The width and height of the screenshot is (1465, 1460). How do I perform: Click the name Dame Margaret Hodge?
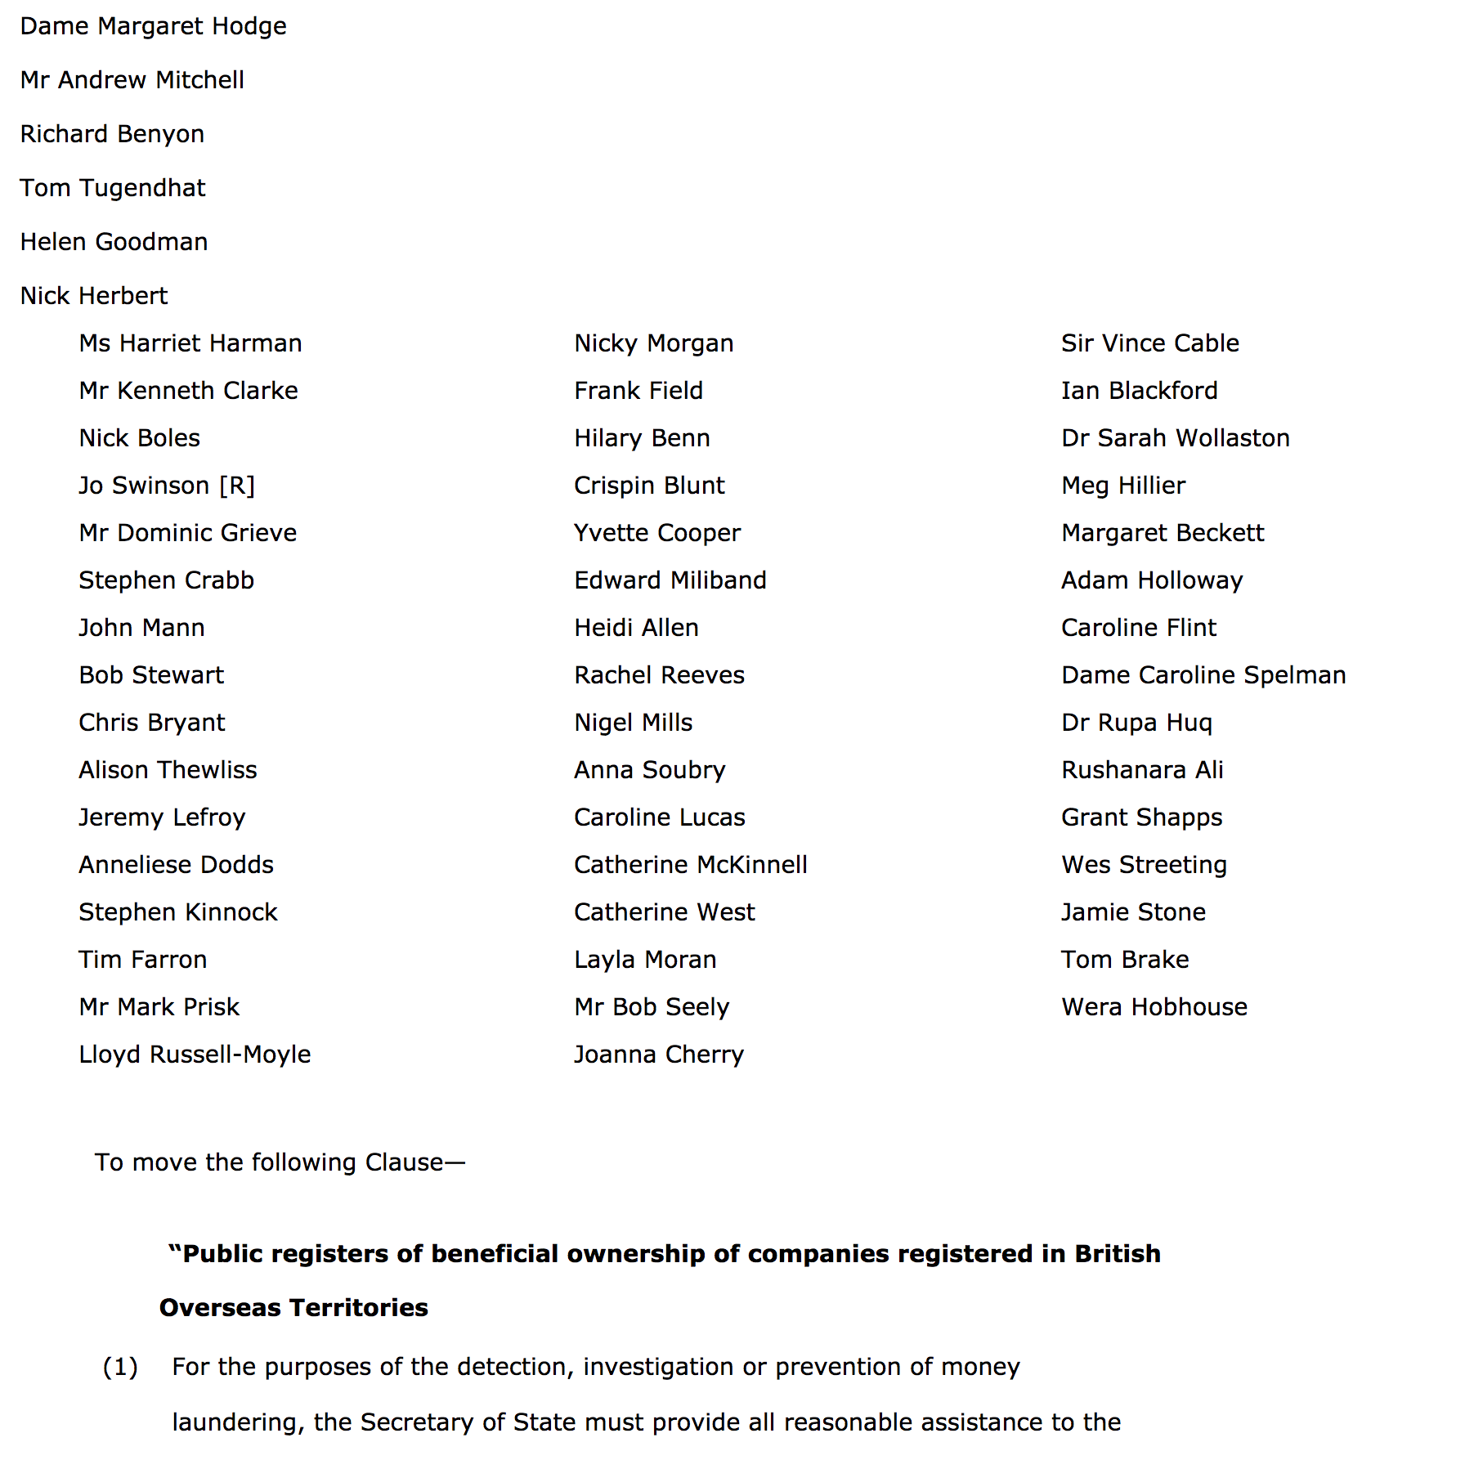coord(153,26)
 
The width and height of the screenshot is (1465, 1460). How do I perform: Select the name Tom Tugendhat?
coord(113,188)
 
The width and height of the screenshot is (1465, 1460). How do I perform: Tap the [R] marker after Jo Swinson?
coord(237,486)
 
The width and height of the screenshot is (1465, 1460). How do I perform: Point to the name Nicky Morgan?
coord(653,343)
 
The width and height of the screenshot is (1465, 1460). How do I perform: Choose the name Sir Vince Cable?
coord(1149,343)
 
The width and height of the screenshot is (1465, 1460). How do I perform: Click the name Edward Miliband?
coord(670,580)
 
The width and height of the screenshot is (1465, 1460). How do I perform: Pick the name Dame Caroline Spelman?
coord(1203,675)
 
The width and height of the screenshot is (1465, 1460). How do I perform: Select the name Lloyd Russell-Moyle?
coord(195,1055)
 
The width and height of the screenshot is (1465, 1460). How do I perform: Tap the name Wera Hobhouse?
coord(1154,1007)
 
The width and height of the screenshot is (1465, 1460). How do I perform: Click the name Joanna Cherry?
coord(658,1055)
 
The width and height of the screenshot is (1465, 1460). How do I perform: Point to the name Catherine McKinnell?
coord(690,865)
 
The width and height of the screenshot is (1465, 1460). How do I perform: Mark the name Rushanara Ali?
coord(1141,770)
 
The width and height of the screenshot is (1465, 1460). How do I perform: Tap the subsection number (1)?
coord(120,1367)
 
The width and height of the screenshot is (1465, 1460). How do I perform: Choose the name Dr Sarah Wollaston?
coord(1175,438)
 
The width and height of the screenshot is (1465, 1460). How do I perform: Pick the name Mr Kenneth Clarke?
coord(188,391)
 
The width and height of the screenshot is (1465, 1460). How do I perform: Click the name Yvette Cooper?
coord(656,533)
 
